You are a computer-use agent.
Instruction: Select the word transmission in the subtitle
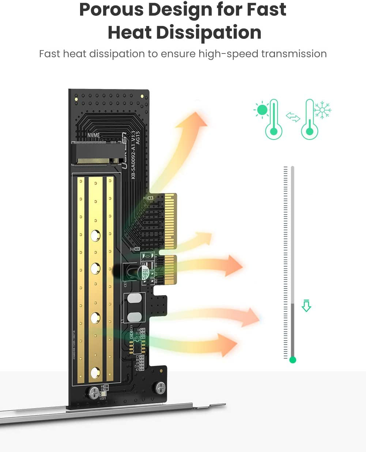point(294,54)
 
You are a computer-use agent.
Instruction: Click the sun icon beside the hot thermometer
point(262,110)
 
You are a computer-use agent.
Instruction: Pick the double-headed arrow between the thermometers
point(293,117)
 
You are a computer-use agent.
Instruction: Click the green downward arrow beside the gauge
point(306,305)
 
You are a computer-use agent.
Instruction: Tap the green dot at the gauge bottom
point(293,360)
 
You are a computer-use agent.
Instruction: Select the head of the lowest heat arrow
point(229,345)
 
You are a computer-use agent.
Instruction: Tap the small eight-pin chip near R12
point(137,344)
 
